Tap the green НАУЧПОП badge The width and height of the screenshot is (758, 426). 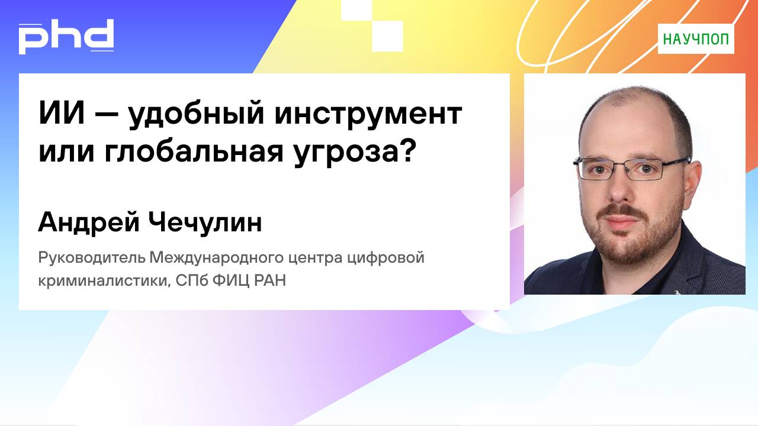pos(696,39)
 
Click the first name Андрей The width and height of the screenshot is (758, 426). pos(86,223)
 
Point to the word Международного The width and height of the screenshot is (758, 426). pos(222,259)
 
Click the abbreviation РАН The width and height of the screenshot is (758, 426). pos(270,280)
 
